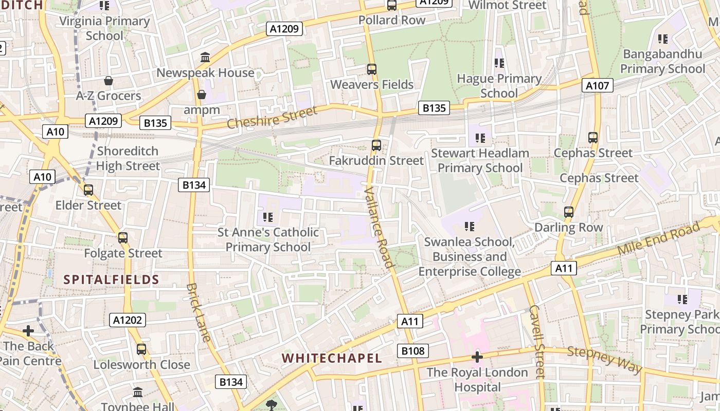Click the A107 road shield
pos(598,85)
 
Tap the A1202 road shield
pos(128,320)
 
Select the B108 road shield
pos(413,351)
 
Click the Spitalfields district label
pos(111,279)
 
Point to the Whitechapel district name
pos(332,358)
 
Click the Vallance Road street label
pos(379,227)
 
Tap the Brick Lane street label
pos(199,312)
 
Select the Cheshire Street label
pos(272,118)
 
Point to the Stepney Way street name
pos(605,360)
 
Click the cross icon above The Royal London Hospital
pos(477,357)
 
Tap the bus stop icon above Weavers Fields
pos(372,69)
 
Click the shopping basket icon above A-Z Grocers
pos(109,81)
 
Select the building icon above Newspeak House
pos(205,57)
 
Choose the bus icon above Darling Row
pos(569,212)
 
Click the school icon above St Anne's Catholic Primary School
pos(267,217)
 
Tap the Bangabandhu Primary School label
pos(662,61)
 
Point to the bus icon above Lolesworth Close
pos(141,349)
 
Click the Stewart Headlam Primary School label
pos(480,160)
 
